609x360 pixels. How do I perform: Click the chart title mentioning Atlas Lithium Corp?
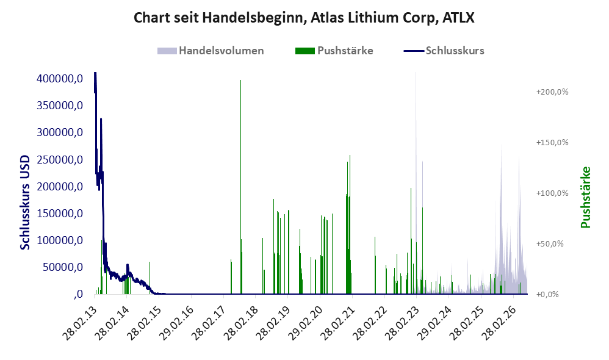click(x=304, y=18)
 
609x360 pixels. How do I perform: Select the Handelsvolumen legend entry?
click(x=211, y=51)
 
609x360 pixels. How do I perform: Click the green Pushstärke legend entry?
click(x=334, y=51)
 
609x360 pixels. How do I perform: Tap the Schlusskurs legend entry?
click(x=444, y=51)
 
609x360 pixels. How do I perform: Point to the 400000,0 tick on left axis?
click(x=60, y=79)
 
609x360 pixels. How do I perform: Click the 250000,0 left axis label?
click(x=60, y=160)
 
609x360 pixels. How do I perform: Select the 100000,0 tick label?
click(x=60, y=240)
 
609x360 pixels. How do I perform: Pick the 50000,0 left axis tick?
click(x=63, y=267)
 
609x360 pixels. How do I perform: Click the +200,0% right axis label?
click(x=552, y=92)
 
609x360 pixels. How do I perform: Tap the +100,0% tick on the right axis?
click(x=552, y=193)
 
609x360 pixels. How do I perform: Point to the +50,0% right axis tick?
click(x=550, y=244)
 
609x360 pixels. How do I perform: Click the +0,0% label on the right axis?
click(x=547, y=294)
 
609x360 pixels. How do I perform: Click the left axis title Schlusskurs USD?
click(x=25, y=203)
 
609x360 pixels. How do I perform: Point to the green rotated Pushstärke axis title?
click(x=585, y=197)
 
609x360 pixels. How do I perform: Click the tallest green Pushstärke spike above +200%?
click(x=241, y=187)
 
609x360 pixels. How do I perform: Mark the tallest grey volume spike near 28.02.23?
click(x=416, y=182)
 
